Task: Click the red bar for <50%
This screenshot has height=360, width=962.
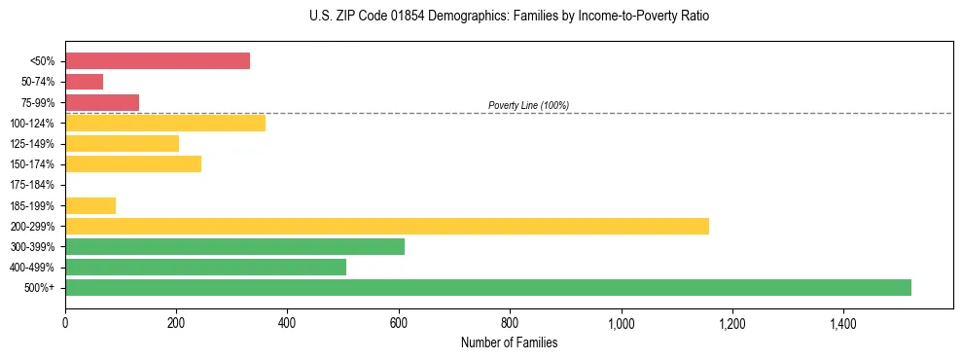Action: [x=158, y=61]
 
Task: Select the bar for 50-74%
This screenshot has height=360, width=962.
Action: [x=85, y=82]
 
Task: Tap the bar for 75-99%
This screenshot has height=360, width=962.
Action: [x=102, y=102]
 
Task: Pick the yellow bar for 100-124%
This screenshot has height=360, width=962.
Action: [x=165, y=123]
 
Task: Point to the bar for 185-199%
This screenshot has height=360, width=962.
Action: [x=90, y=205]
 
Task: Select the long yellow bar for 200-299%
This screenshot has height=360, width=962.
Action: [x=387, y=226]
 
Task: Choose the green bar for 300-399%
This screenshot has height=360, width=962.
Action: [x=234, y=247]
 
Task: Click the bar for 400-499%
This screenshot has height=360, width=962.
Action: [x=205, y=268]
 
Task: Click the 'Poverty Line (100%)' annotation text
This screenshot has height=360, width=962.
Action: [x=528, y=105]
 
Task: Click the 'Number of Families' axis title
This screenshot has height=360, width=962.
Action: [x=509, y=342]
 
